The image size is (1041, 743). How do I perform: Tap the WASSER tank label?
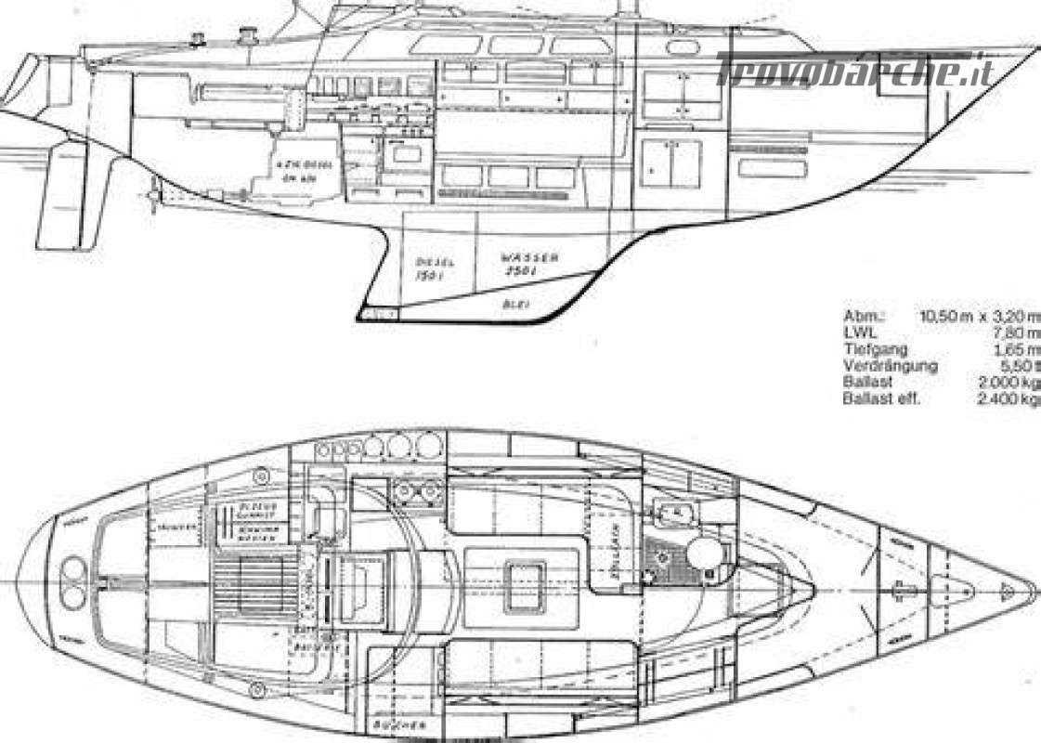point(529,258)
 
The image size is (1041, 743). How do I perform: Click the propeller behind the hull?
point(154,197)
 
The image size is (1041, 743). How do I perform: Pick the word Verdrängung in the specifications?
point(890,365)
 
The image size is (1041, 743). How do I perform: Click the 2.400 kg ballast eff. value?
point(1008,398)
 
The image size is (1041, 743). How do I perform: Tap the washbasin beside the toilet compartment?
point(670,511)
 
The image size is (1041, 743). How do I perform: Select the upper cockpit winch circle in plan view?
point(259,476)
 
